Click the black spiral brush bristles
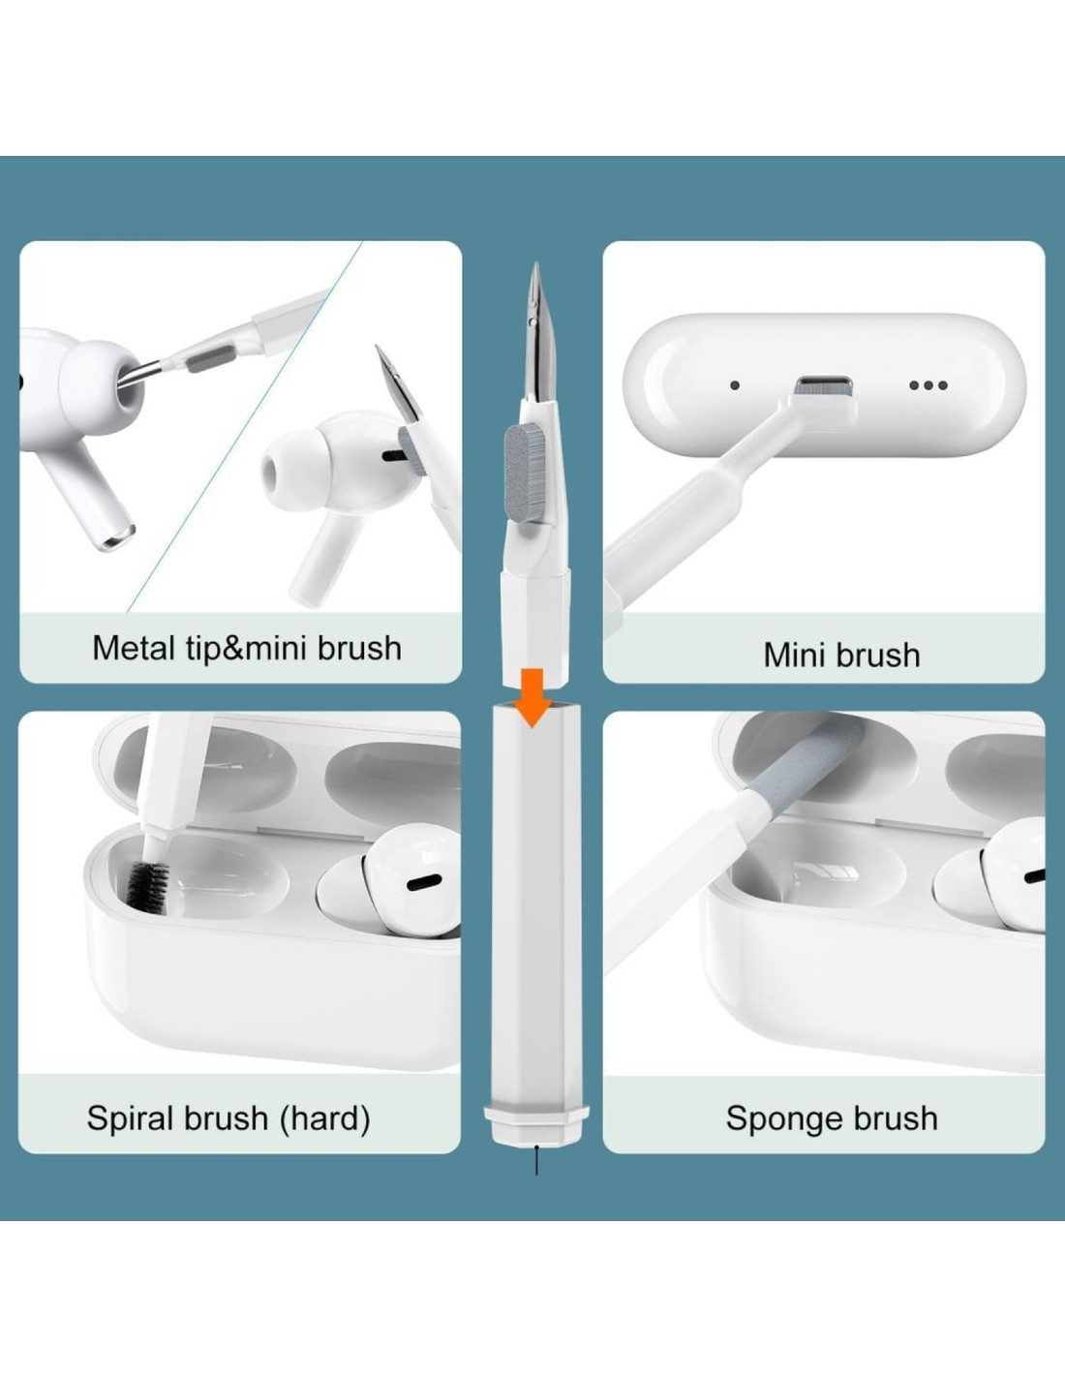(x=148, y=886)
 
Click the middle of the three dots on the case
(x=928, y=384)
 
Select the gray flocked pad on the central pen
(x=520, y=473)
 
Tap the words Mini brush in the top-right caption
(x=841, y=655)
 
